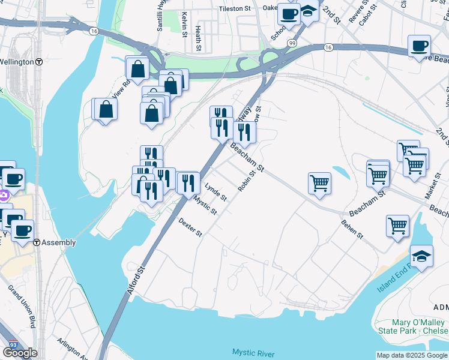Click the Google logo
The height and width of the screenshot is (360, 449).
click(20, 353)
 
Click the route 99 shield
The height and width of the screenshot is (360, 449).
click(291, 44)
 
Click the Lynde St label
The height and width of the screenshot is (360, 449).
click(216, 193)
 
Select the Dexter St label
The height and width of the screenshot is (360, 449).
click(190, 227)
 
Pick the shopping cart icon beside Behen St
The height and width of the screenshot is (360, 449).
click(397, 226)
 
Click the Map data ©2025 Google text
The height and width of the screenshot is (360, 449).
click(412, 355)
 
